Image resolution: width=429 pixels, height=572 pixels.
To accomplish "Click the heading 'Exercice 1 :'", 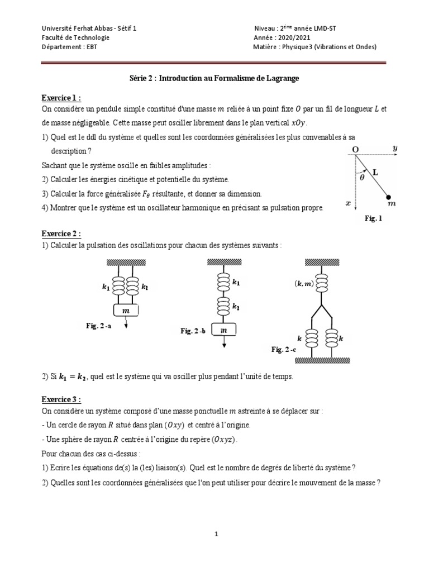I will pyautogui.click(x=61, y=98).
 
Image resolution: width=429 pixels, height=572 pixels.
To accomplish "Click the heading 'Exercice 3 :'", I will pyautogui.click(x=61, y=400).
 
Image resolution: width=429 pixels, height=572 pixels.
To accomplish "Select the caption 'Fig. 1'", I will pyautogui.click(x=373, y=219).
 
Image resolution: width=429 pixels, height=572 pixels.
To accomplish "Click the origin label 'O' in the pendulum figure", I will pyautogui.click(x=354, y=149).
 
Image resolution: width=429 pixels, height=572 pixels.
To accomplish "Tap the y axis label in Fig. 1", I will pyautogui.click(x=394, y=148).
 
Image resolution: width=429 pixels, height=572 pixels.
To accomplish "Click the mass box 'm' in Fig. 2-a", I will pyautogui.click(x=126, y=310).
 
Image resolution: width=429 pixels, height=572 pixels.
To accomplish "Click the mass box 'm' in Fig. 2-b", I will pyautogui.click(x=224, y=331).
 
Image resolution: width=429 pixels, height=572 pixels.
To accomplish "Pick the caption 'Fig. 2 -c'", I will pyautogui.click(x=284, y=349).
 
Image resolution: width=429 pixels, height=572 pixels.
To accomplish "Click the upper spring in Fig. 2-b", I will pyautogui.click(x=223, y=282).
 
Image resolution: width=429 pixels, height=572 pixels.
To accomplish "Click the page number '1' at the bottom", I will pyautogui.click(x=216, y=534).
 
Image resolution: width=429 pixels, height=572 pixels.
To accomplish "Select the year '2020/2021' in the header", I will pyautogui.click(x=293, y=37).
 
